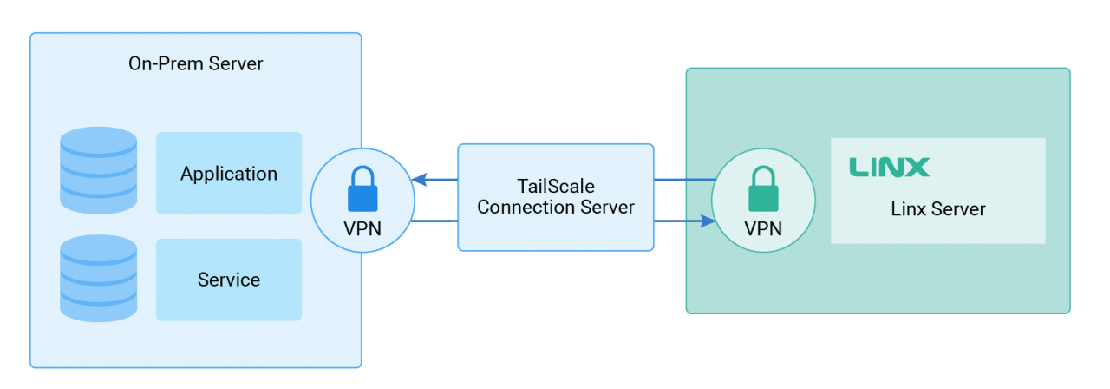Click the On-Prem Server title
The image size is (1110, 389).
[195, 63]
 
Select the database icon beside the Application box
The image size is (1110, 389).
[98, 170]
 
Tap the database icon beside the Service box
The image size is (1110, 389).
[98, 278]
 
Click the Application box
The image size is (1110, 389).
[229, 173]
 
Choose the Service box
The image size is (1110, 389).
[229, 280]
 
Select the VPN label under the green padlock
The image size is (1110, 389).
[763, 228]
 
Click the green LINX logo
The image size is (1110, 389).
[889, 167]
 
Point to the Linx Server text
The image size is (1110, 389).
[937, 209]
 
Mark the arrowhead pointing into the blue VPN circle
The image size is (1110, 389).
[420, 180]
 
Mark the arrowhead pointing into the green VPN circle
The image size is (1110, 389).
[708, 221]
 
